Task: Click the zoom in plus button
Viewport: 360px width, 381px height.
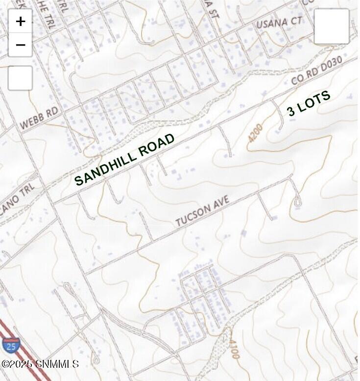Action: (x=20, y=21)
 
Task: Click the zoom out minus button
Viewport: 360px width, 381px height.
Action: (x=20, y=45)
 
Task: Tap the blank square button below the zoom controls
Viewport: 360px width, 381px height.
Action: (x=20, y=78)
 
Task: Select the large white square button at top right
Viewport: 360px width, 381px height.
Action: (x=332, y=26)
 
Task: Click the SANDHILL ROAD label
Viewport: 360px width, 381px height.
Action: (x=124, y=159)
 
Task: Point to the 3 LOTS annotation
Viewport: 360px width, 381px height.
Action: (x=309, y=103)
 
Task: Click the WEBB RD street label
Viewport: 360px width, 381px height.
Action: (x=39, y=119)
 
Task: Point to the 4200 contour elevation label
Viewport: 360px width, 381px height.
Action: (x=255, y=133)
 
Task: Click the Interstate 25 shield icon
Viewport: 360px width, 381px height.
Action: (x=10, y=344)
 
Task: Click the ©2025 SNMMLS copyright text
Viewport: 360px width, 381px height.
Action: (x=40, y=364)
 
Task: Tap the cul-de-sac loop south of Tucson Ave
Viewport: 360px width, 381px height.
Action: (x=297, y=202)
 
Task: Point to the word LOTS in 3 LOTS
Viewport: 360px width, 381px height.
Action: (x=314, y=101)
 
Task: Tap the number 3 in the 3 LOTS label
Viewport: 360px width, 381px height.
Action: (x=291, y=111)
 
